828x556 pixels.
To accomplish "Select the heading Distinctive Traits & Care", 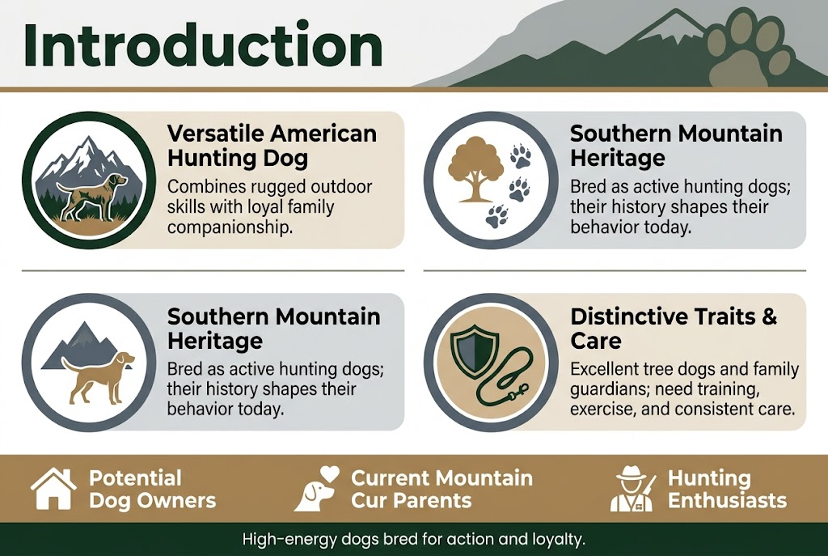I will point(674,327).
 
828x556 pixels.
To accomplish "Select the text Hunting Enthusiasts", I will point(727,489).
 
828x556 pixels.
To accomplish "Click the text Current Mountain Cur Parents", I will point(442,489).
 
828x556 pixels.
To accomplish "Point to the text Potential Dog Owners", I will point(152,489).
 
